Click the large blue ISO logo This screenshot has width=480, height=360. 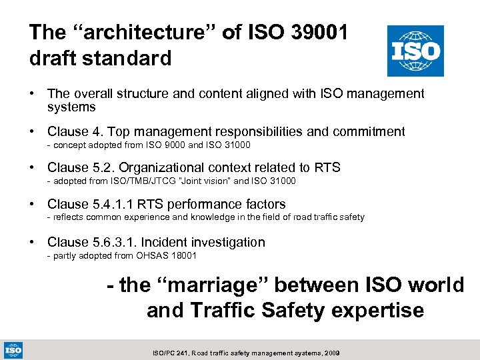[x=415, y=51]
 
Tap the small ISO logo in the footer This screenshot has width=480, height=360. [x=12, y=349]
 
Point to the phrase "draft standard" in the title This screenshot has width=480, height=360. [x=100, y=58]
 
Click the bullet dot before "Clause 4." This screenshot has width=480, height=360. [x=34, y=132]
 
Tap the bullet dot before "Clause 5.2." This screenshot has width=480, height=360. [x=34, y=168]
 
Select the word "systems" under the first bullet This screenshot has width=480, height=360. [x=71, y=107]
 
